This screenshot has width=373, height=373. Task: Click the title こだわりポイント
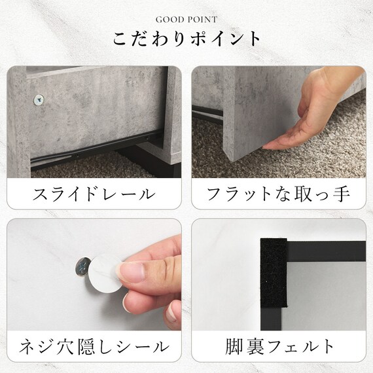pos(186,39)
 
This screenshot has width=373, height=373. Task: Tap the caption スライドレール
pos(95,194)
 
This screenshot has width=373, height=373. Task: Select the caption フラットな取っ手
pos(278,194)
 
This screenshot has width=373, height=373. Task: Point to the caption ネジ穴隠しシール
pos(95,346)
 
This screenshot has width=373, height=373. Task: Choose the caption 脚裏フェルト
pos(278,346)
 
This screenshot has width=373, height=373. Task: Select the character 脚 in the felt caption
pos(233,346)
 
